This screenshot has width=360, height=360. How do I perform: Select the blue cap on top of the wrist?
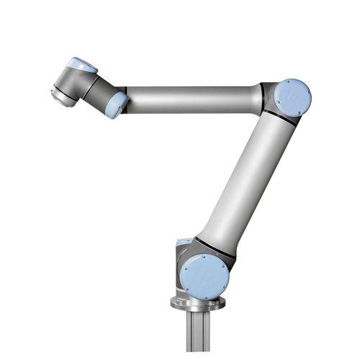pyautogui.click(x=81, y=65)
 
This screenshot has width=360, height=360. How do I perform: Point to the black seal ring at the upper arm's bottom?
pyautogui.click(x=215, y=248)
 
